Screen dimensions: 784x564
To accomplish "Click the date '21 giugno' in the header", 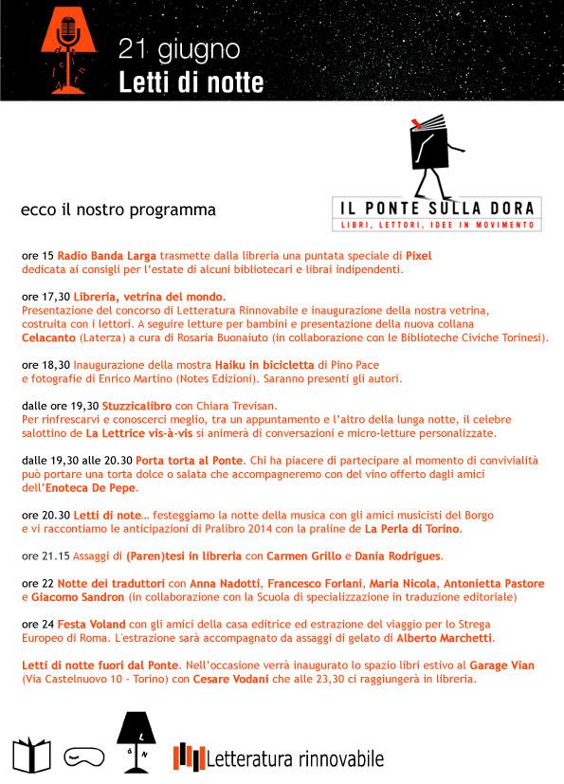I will point(179,47).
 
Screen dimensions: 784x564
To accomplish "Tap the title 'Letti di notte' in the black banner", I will point(191,82).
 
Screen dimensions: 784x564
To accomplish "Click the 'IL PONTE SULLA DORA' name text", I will point(435,207).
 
